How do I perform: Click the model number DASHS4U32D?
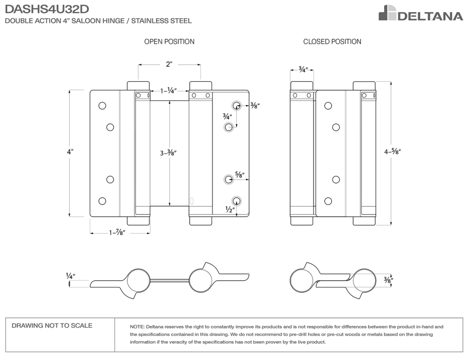(x=48, y=9)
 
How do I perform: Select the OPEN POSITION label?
(x=169, y=42)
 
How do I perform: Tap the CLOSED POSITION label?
(x=332, y=42)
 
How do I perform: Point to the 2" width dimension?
(x=169, y=64)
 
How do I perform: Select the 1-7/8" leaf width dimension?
(x=117, y=232)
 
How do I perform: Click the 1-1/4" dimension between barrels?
(x=168, y=91)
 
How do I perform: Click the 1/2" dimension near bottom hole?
(x=230, y=210)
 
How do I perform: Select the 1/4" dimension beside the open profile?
(x=70, y=276)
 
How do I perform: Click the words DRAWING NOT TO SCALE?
(x=52, y=326)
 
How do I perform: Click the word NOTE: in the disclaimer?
(x=137, y=327)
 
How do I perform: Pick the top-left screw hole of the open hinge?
(x=102, y=106)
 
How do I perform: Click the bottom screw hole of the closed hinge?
(x=328, y=201)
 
